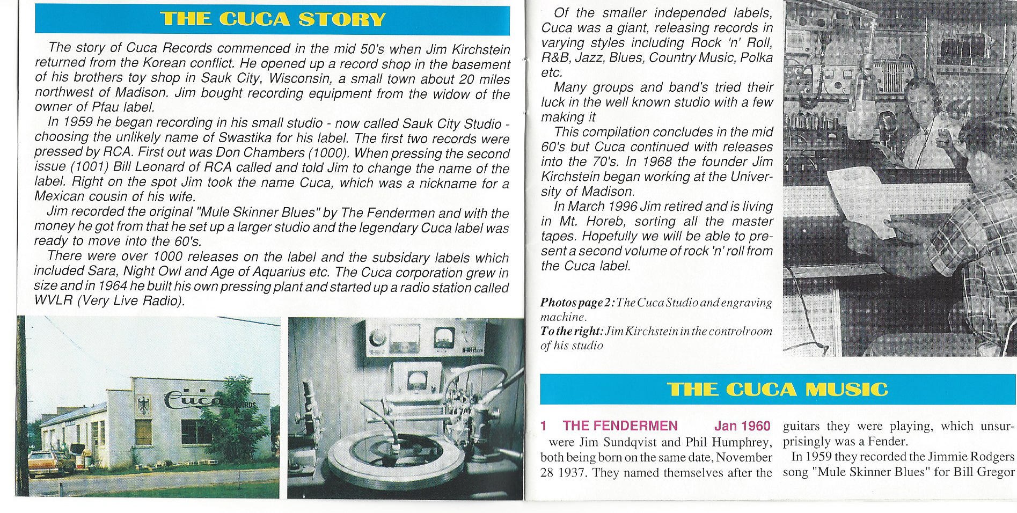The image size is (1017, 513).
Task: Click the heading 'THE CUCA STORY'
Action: pyautogui.click(x=273, y=19)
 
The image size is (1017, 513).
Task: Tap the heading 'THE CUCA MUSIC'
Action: pyautogui.click(x=777, y=389)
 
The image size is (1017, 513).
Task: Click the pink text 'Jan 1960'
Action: pyautogui.click(x=742, y=426)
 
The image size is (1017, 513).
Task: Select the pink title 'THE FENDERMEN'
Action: pyautogui.click(x=620, y=426)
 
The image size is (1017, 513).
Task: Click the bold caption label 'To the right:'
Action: pyautogui.click(x=572, y=331)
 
